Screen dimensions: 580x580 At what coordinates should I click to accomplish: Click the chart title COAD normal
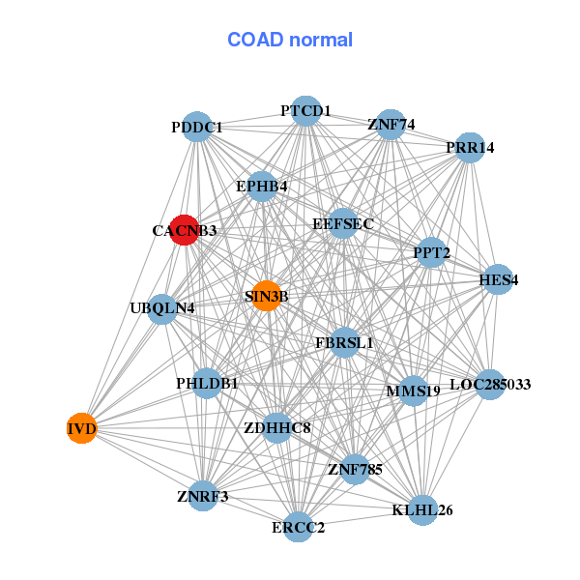(x=290, y=41)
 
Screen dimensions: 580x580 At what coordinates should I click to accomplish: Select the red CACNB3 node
(x=184, y=230)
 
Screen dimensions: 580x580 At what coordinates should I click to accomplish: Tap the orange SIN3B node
(x=267, y=296)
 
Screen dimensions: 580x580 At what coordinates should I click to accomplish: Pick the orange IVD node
(x=82, y=427)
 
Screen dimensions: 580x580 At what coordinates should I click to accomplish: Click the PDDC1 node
(x=197, y=128)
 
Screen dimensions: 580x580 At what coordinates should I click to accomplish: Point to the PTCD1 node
(x=305, y=110)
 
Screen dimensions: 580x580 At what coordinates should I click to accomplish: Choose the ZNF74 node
(x=391, y=125)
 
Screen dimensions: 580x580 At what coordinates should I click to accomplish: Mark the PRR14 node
(x=470, y=148)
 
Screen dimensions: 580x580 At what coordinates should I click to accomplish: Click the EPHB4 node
(x=262, y=186)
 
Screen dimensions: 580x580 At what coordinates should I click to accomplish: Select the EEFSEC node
(x=342, y=223)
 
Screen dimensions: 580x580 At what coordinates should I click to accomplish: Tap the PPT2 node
(x=431, y=253)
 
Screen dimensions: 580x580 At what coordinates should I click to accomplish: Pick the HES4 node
(x=498, y=280)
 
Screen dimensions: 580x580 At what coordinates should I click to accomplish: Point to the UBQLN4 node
(x=163, y=309)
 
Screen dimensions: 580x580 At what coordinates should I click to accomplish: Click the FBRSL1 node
(x=344, y=342)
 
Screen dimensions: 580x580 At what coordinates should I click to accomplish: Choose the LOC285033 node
(x=490, y=384)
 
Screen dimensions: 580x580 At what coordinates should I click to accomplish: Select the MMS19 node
(x=413, y=391)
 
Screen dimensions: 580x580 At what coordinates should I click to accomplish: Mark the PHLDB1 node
(x=207, y=384)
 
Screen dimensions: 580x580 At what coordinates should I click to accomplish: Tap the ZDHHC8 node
(x=277, y=427)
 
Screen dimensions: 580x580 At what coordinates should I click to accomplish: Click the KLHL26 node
(x=422, y=509)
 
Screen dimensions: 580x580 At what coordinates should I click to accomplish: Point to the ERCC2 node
(x=299, y=527)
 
